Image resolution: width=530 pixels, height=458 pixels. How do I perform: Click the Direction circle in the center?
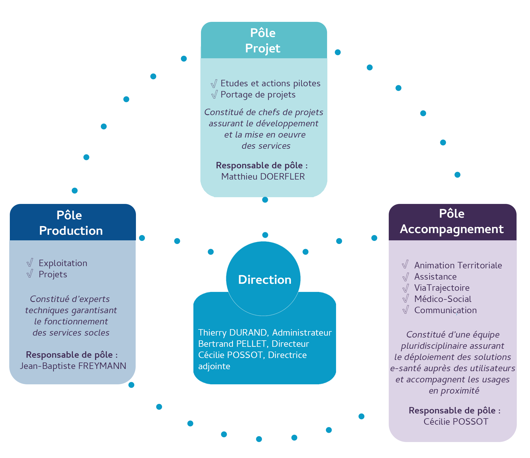pyautogui.click(x=263, y=279)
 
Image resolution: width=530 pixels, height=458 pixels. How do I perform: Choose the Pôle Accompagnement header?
pyautogui.click(x=452, y=222)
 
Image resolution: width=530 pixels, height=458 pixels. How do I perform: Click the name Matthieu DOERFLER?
pyautogui.click(x=263, y=177)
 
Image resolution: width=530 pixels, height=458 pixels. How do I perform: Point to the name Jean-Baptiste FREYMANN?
pyautogui.click(x=73, y=366)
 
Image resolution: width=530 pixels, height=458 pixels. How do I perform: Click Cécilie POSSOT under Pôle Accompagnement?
pyautogui.click(x=456, y=422)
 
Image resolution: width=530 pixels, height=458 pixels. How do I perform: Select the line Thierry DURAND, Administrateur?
pyautogui.click(x=265, y=333)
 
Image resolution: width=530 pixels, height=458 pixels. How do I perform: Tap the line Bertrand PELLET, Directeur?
pyautogui.click(x=253, y=344)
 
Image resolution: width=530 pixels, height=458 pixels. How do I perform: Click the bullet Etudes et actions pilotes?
pyautogui.click(x=270, y=83)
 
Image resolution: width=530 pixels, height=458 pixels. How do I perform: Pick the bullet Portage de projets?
pyautogui.click(x=258, y=95)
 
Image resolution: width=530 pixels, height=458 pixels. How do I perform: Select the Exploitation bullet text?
pyautogui.click(x=63, y=263)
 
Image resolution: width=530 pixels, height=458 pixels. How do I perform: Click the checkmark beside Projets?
pyautogui.click(x=30, y=274)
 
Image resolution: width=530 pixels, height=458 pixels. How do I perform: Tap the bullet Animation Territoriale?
pyautogui.click(x=458, y=265)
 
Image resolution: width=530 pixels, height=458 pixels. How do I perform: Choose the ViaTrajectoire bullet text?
pyautogui.click(x=442, y=288)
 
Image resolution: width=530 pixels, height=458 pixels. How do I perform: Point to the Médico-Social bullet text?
pyautogui.click(x=443, y=299)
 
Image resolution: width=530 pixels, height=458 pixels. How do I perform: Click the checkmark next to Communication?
pyautogui.click(x=405, y=310)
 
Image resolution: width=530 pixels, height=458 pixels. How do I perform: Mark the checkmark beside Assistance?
pyautogui.click(x=405, y=277)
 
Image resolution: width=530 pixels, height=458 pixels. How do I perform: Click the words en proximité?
pyautogui.click(x=454, y=390)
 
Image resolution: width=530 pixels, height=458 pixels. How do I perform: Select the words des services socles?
pyautogui.click(x=71, y=333)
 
